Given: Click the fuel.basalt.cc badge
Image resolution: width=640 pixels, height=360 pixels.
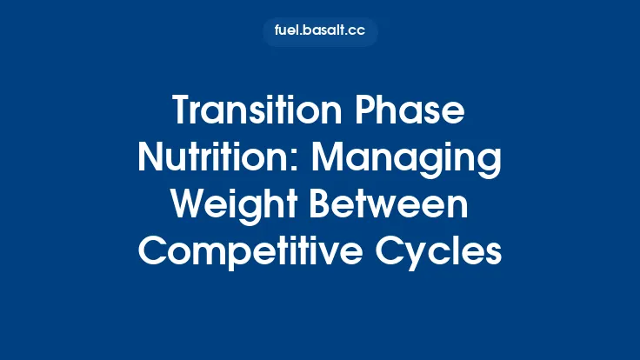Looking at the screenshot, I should click(320, 32).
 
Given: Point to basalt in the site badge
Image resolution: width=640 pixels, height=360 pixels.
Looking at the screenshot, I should click(323, 32).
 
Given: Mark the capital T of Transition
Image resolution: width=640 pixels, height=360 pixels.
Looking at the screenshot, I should click(182, 113).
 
